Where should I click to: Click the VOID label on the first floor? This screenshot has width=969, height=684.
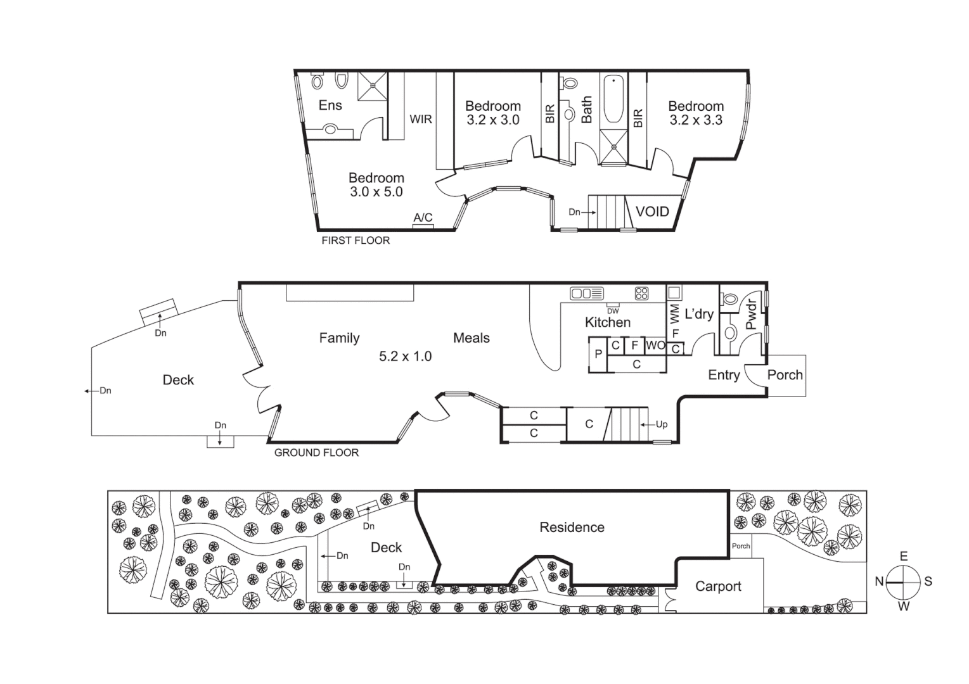coord(652,212)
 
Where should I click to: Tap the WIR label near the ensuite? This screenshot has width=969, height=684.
coord(421,119)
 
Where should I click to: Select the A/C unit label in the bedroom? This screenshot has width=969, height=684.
coord(423,218)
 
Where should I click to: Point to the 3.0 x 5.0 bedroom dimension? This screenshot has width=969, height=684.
coord(376,192)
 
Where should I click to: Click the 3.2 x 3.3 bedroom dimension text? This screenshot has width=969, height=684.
coord(696,120)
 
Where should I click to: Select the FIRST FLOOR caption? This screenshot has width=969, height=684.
coord(356,241)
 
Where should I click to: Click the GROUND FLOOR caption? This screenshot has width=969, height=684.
coord(316,453)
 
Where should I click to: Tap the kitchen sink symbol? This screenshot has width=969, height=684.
coord(586,293)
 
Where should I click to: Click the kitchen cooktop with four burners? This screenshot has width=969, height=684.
coord(641,293)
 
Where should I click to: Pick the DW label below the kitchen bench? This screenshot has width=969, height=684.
coord(613,311)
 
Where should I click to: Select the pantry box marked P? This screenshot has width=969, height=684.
coord(598,355)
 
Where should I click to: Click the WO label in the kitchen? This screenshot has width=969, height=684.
coord(655,346)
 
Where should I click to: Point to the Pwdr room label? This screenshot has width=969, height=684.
coord(751,314)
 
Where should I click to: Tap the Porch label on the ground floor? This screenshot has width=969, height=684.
coord(785,375)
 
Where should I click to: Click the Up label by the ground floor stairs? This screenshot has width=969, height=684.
coord(661,424)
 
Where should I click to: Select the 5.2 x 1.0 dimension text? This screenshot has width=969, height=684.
coord(405,357)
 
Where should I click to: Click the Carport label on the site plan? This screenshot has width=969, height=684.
coord(718,586)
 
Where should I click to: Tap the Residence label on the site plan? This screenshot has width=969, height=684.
coord(572,528)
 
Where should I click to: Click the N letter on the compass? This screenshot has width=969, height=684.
coord(879,581)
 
